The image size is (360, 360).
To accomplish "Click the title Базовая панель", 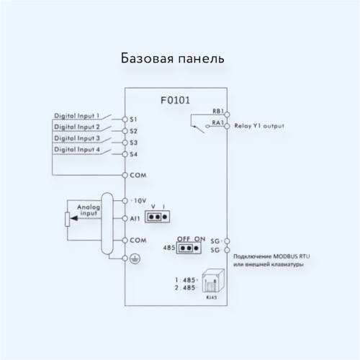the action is [x=172, y=58].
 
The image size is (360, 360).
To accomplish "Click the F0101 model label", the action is [x=175, y=100].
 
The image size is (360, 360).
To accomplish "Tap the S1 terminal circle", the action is [x=125, y=120].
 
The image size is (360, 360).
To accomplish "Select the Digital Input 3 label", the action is [x=77, y=138].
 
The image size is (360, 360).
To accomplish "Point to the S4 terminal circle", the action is [x=125, y=154].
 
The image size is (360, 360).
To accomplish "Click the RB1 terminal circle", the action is [x=227, y=114].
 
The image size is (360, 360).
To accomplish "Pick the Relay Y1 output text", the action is [x=259, y=126].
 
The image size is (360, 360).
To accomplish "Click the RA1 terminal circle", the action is [x=227, y=126].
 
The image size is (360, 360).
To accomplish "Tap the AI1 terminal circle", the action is [x=125, y=218].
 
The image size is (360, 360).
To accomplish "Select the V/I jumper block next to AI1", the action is [x=158, y=217].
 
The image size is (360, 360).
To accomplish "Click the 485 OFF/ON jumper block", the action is [x=189, y=248].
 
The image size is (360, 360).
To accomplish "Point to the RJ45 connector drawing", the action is [x=213, y=281].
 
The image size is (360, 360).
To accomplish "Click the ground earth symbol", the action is [x=135, y=258].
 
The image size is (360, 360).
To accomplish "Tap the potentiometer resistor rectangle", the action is [x=68, y=220].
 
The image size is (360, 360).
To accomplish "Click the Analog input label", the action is [x=89, y=210].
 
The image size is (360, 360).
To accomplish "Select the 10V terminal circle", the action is [x=125, y=201].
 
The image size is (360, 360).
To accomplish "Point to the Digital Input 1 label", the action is [x=77, y=116].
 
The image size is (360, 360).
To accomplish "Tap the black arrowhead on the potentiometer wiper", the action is [x=74, y=218].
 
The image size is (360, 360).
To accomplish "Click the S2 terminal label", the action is [x=133, y=131].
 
